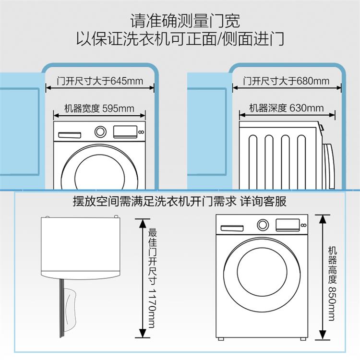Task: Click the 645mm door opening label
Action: point(100,81)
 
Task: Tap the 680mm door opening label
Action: point(286,81)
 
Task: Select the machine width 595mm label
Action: point(99,108)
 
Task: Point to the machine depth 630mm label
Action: point(287,108)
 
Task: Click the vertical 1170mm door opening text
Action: point(153,278)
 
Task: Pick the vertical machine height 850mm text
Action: point(332,283)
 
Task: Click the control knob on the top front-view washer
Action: point(100,132)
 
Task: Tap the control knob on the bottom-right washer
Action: point(263,225)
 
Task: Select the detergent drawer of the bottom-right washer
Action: point(232,228)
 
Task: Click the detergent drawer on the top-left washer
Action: point(70,135)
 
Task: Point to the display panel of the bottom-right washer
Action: point(288,225)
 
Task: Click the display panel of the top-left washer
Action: point(125,132)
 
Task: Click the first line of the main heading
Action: point(185,21)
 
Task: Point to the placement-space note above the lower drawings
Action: point(180,201)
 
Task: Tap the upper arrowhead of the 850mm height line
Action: point(323,219)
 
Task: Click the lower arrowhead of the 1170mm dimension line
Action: point(143,333)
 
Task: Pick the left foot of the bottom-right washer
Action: point(221,339)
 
